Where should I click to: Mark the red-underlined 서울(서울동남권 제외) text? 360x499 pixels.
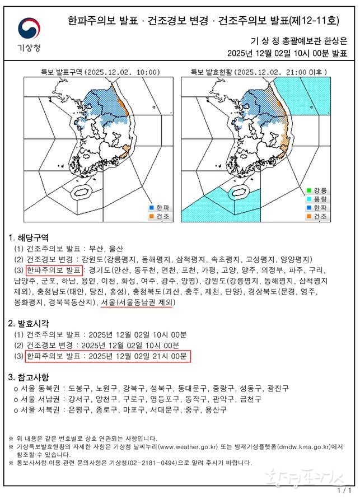pyautogui.click(x=137, y=302)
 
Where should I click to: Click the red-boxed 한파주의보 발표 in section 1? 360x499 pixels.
pyautogui.click(x=54, y=271)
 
